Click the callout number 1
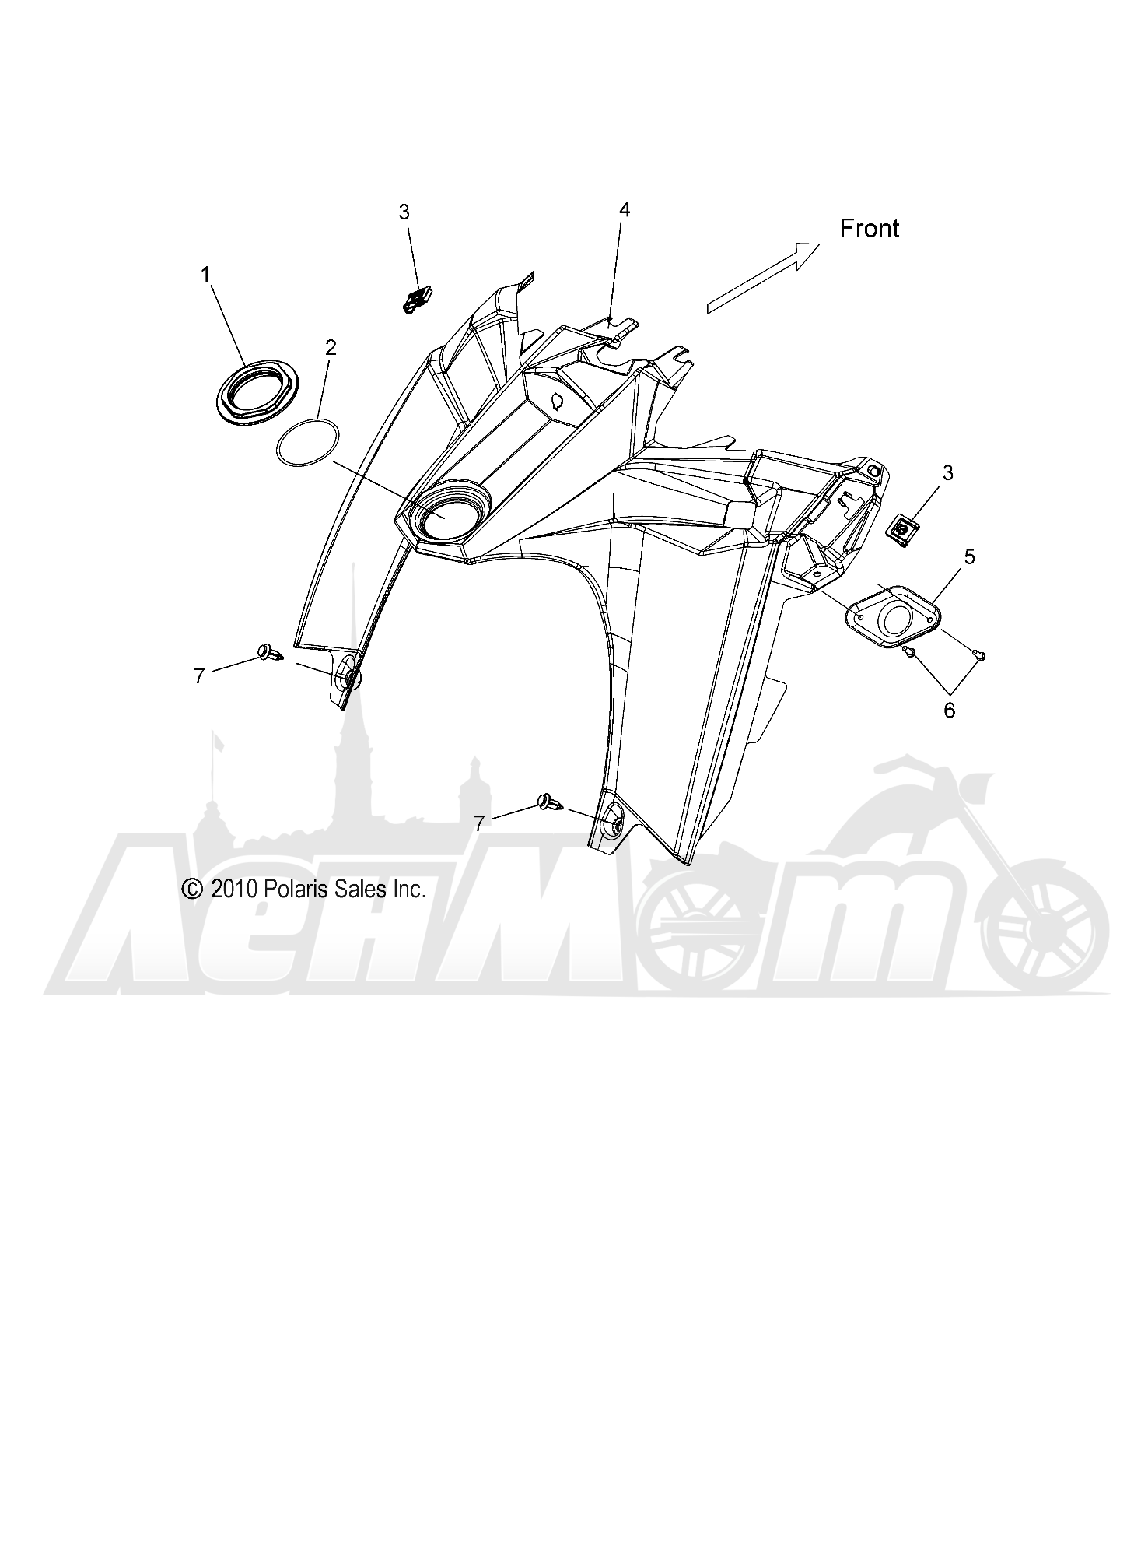205,274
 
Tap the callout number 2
331,347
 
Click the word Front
870,228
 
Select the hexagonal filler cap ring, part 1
250,394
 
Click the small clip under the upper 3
418,298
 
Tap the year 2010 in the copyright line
231,889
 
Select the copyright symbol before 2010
191,889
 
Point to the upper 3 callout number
404,212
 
